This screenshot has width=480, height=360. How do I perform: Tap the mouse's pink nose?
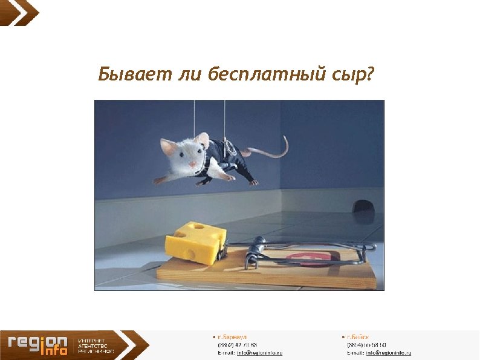(x=192, y=165)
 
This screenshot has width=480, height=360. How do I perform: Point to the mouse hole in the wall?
(x=363, y=206)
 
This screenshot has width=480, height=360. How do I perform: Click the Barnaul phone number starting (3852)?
(x=237, y=344)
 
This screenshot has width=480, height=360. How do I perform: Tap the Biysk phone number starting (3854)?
(x=366, y=344)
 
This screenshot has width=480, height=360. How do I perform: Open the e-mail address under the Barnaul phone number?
(x=259, y=353)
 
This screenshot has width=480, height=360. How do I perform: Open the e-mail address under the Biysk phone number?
(x=388, y=353)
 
